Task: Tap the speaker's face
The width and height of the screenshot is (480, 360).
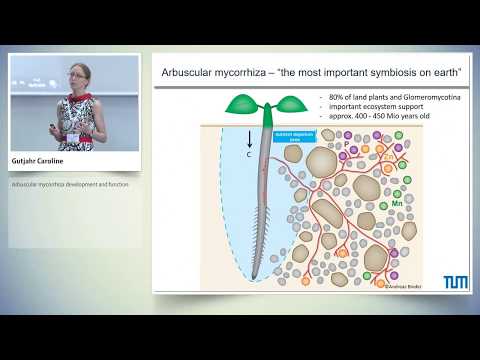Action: click(77, 74)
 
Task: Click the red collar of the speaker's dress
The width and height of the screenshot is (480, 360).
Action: click(79, 98)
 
